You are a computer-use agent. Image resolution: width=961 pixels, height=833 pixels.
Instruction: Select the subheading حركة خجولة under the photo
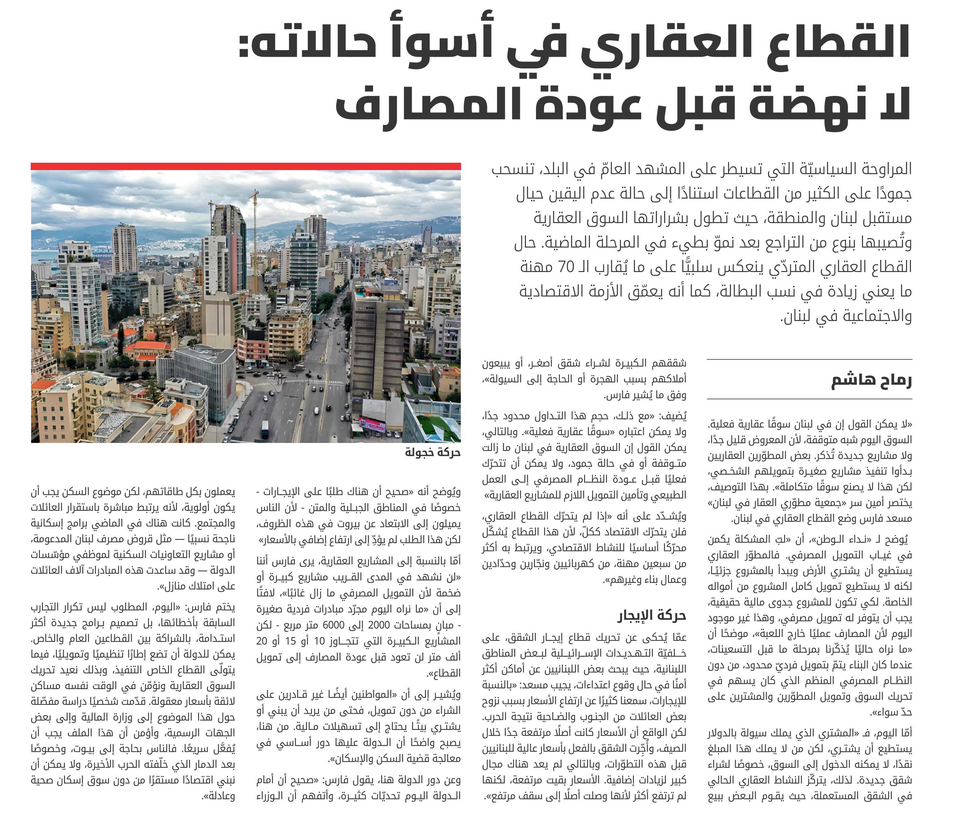[x=432, y=453]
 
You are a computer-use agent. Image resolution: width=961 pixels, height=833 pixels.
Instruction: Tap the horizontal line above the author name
[x=809, y=359]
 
